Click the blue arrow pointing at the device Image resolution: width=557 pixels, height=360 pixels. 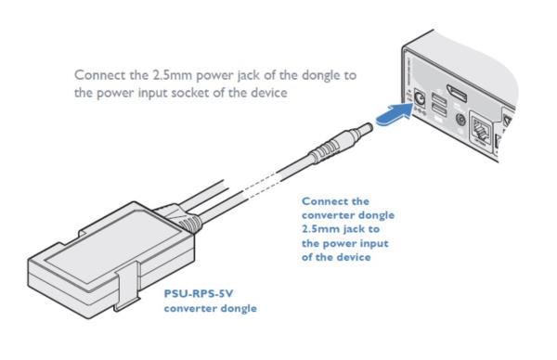[x=394, y=113]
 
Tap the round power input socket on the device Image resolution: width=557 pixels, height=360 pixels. [x=421, y=99]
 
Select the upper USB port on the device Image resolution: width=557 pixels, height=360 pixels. [x=439, y=98]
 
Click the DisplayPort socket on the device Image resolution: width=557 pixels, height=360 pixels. [x=457, y=93]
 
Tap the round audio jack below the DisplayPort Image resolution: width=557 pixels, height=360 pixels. [x=460, y=120]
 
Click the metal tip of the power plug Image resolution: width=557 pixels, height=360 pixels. [x=363, y=129]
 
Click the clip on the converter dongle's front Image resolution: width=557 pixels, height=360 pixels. [x=127, y=287]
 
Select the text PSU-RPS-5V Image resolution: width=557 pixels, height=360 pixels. [x=199, y=294]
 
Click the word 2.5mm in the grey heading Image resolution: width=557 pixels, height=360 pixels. [x=173, y=75]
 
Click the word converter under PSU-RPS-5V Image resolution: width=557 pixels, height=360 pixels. [x=189, y=308]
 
